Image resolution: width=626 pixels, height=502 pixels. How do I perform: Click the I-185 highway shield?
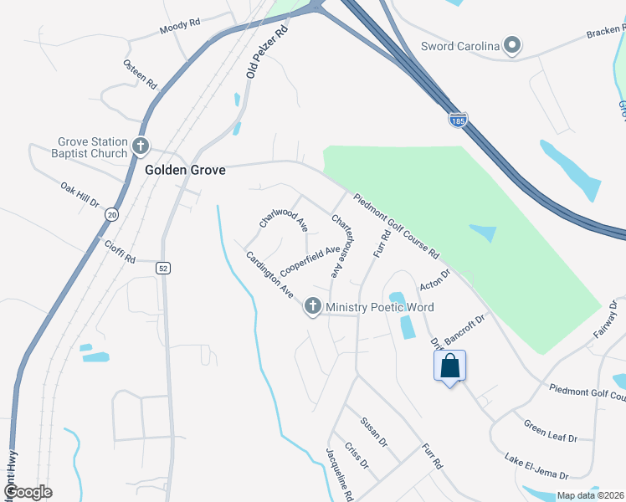tap(457, 121)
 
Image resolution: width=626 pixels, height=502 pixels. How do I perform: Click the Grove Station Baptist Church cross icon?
tap(140, 146)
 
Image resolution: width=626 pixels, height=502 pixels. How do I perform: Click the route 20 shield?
tap(111, 215)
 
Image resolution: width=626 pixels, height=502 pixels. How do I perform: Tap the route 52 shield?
tap(163, 268)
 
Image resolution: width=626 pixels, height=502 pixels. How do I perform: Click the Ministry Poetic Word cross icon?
tap(313, 307)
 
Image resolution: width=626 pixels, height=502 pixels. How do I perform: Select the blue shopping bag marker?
tap(449, 366)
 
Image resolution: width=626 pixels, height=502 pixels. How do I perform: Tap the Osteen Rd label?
tap(140, 74)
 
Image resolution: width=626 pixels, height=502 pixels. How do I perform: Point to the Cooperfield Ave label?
tap(310, 260)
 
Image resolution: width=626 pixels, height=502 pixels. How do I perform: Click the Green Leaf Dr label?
tap(551, 431)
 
